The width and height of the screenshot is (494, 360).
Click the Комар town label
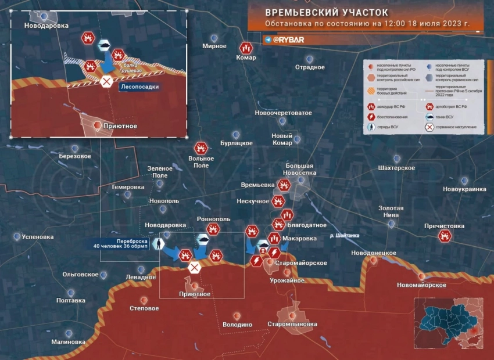click(246, 58)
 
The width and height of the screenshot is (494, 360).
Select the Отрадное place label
click(310, 67)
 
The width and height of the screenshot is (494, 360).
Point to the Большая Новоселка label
click(299, 169)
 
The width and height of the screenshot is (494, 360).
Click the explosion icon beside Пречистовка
click(445, 236)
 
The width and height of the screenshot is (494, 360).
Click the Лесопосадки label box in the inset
click(139, 87)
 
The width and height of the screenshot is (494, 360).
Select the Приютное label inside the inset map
click(120, 125)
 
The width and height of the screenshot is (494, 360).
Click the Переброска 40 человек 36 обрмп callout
click(121, 243)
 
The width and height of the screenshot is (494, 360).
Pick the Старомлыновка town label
click(292, 323)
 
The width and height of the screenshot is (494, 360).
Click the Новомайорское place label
click(421, 285)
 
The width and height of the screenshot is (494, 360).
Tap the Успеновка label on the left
click(37, 237)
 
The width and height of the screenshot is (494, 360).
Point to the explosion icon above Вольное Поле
click(201, 148)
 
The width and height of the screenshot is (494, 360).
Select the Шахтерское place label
click(396, 168)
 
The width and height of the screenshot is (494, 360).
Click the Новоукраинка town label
click(464, 189)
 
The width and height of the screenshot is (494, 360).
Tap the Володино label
click(237, 325)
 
